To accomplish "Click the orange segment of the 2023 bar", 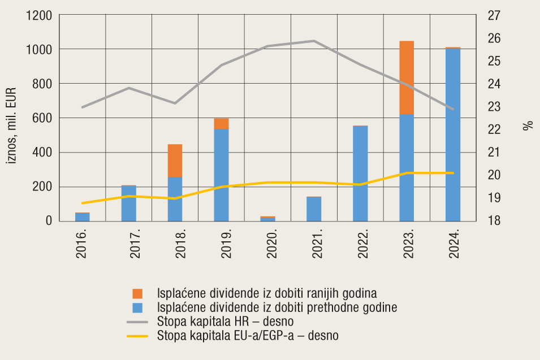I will coord(407,77).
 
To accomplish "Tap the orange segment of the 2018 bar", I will coord(175,161).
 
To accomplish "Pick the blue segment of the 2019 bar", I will coord(221,175).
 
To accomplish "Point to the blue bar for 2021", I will coord(314,209).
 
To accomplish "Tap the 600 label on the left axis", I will coord(44,118).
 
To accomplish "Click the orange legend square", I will coord(138,293).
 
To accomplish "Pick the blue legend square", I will coord(138,308).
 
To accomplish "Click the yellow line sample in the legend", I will coord(137,336).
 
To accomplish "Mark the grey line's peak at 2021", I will coord(314,41).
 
